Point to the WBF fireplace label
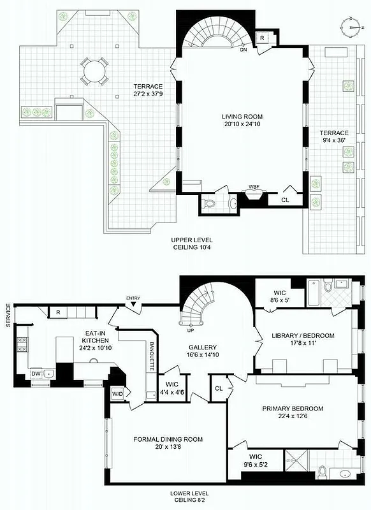pos(254,187)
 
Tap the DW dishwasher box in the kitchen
pos(36,374)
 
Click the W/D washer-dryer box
pos(117,393)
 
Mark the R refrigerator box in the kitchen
pos(57,312)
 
